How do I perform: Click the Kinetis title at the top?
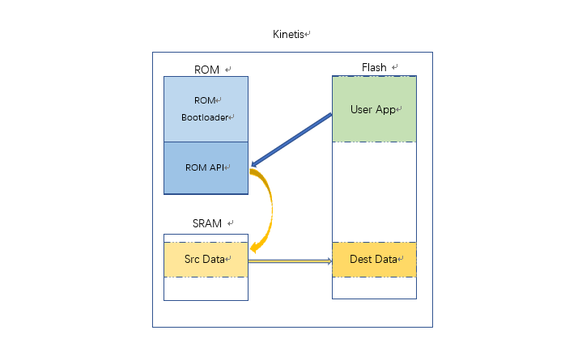290,35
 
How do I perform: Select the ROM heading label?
206,70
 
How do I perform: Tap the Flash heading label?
374,67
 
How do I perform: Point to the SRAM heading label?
206,223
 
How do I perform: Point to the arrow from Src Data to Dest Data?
289,261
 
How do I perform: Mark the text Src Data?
203,259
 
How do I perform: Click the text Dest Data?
373,260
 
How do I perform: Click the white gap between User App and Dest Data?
374,192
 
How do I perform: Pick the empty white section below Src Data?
206,289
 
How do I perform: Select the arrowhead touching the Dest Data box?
329,261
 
